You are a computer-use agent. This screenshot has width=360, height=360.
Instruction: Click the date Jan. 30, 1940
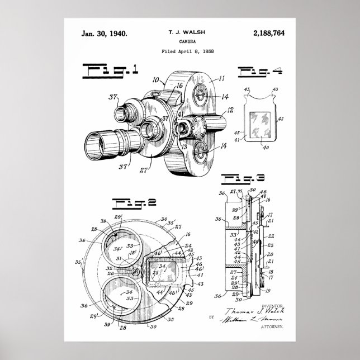tap(105, 34)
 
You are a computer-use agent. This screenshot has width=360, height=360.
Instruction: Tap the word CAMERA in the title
tap(184, 42)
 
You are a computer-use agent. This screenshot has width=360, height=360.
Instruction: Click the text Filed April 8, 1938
tap(184, 51)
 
